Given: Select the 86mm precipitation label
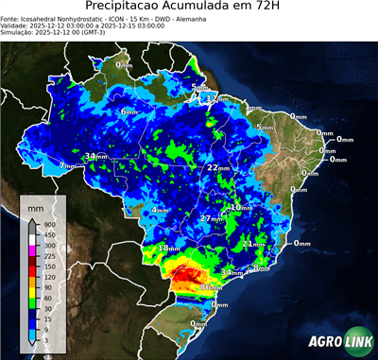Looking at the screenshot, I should click(211, 286).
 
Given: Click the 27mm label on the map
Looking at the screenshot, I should click(211, 219).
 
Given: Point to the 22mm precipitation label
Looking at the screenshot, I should click(218, 167).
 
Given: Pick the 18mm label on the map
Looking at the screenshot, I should click(167, 249).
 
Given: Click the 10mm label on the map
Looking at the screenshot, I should click(241, 207).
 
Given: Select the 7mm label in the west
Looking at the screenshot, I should click(67, 166).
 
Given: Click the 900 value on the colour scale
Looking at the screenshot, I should click(50, 223).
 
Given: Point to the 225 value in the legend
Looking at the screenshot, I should click(50, 255).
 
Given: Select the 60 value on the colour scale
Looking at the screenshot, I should click(48, 298).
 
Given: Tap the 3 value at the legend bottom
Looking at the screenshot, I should click(46, 340).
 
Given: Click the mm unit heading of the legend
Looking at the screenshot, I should click(36, 205).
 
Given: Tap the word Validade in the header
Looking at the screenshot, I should click(18, 25).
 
